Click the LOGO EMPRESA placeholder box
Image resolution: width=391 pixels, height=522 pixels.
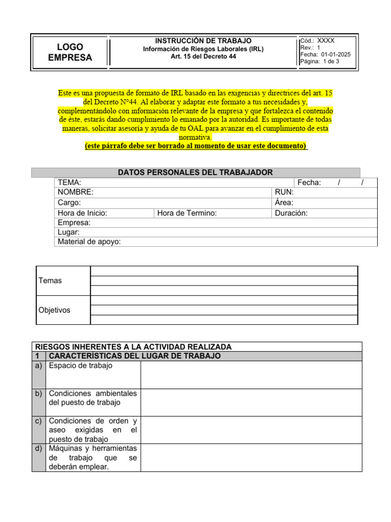tap(70, 52)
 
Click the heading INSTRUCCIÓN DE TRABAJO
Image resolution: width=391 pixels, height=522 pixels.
tap(203, 40)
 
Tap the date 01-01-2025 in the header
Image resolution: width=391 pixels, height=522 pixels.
tap(336, 55)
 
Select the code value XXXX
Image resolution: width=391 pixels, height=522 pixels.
tap(326, 40)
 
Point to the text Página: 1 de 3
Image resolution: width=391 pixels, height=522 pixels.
tap(320, 62)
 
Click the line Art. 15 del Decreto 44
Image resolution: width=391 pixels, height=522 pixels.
tap(203, 57)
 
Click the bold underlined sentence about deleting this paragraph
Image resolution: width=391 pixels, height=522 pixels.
tap(195, 146)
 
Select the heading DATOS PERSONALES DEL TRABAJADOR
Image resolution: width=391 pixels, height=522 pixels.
tap(195, 172)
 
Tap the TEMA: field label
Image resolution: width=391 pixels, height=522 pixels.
tap(70, 182)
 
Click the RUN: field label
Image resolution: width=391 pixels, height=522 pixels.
tap(284, 192)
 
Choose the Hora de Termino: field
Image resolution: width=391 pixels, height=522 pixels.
tap(187, 213)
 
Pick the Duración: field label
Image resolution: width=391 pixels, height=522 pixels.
tap(291, 213)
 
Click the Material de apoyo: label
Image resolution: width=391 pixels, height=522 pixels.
tap(89, 242)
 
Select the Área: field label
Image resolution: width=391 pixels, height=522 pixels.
tap(284, 202)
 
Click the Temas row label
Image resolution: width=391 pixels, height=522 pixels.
tap(50, 280)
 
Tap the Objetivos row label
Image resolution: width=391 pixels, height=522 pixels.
tap(54, 310)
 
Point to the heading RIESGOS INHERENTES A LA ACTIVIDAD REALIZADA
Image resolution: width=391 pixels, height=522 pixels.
tap(132, 347)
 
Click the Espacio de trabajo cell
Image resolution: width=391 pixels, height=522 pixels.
tap(80, 366)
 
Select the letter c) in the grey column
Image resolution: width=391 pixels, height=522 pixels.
tap(39, 421)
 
